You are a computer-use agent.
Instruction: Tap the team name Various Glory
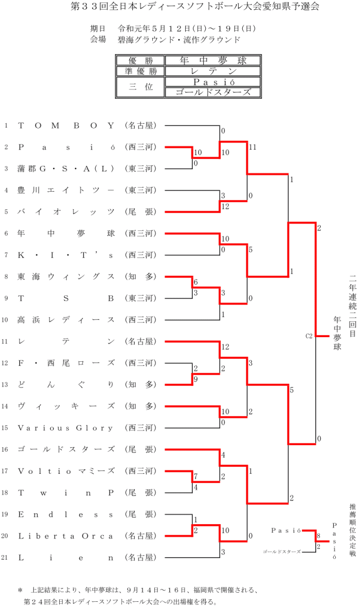coord(66,428)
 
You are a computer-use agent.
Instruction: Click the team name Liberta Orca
coord(66,536)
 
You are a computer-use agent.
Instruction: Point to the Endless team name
coord(66,514)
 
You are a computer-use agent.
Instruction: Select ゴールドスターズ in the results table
coord(213,93)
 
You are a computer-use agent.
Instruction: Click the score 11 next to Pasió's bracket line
coord(252,148)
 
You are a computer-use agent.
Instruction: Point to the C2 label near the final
coord(309,336)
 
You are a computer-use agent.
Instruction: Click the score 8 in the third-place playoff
coord(319,536)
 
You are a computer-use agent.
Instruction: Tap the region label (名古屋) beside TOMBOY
coord(140,125)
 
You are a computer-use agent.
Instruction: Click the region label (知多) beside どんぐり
coord(140,384)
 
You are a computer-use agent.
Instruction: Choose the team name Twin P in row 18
coord(66,492)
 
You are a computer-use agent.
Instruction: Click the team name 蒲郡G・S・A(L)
coord(66,169)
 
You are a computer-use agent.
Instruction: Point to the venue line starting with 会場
coord(165,39)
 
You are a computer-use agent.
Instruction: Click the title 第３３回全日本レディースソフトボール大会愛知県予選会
coord(179,7)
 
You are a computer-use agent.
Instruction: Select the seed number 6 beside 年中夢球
coord(6,233)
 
